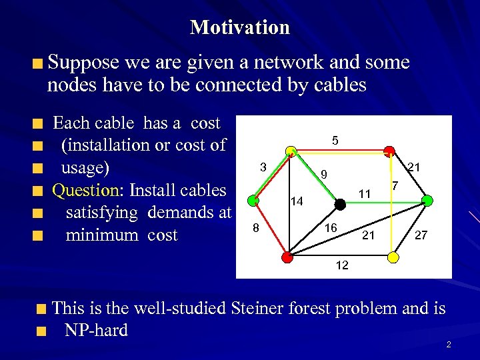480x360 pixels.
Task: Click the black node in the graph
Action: tap(340, 205)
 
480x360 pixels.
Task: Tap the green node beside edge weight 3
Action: tap(253, 199)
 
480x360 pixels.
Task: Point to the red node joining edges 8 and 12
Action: tap(287, 255)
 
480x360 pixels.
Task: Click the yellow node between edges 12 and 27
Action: tap(393, 256)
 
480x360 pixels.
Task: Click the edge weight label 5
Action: tap(335, 141)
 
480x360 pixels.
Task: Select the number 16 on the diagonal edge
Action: tap(331, 228)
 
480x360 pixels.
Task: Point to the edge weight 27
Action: tap(421, 235)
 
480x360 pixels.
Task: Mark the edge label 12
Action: tap(341, 265)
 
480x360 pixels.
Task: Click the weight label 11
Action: tap(364, 194)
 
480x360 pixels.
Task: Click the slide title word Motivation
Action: tap(240, 27)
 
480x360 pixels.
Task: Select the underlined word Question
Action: tap(85, 191)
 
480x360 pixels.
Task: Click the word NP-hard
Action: tap(96, 330)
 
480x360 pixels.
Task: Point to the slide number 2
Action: tap(449, 345)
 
